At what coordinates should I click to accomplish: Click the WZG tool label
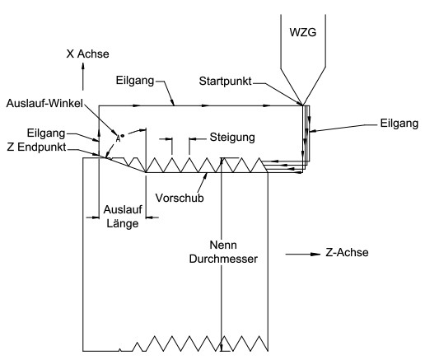303,32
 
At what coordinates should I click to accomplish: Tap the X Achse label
87,54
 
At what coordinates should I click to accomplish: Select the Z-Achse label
347,252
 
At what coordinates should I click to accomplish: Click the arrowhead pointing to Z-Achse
315,254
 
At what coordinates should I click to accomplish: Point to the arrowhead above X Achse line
82,66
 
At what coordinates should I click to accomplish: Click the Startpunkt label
225,82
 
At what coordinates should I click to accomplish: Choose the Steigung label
232,138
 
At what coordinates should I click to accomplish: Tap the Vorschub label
180,198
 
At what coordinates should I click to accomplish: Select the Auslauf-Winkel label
44,103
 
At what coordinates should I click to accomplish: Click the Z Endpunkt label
36,147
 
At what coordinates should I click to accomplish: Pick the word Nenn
223,245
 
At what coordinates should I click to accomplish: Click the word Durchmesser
223,259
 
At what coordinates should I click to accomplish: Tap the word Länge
123,223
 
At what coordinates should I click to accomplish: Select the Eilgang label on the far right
399,124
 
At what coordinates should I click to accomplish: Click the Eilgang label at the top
135,81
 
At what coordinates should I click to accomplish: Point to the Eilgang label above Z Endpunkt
46,133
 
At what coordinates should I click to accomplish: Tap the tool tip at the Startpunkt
302,105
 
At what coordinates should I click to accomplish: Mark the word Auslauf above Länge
123,209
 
